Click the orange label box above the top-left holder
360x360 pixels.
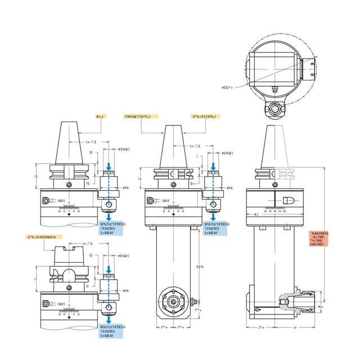tap(101, 116)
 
